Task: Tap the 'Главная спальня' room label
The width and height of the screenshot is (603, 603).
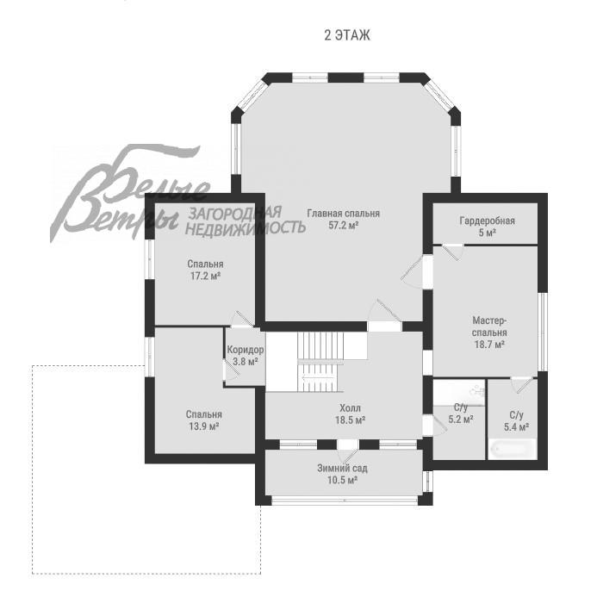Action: click(x=343, y=213)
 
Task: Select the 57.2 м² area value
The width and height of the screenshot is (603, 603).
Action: click(x=343, y=226)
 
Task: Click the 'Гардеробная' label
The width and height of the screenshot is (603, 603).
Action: click(x=487, y=221)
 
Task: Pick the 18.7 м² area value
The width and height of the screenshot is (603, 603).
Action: click(x=489, y=344)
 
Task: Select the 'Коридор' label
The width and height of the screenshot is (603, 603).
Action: click(x=246, y=350)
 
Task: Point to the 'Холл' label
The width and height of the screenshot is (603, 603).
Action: click(x=350, y=407)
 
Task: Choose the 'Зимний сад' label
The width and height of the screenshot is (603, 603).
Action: click(x=342, y=468)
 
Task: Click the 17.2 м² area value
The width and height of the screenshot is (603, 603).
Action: click(x=205, y=277)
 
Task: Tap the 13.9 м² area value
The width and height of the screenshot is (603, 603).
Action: click(x=205, y=426)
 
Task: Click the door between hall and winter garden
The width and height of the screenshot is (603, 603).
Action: click(x=347, y=449)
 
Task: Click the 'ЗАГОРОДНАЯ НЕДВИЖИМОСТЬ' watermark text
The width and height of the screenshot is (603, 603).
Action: click(x=246, y=221)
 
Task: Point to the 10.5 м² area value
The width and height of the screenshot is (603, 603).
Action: click(x=342, y=480)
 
